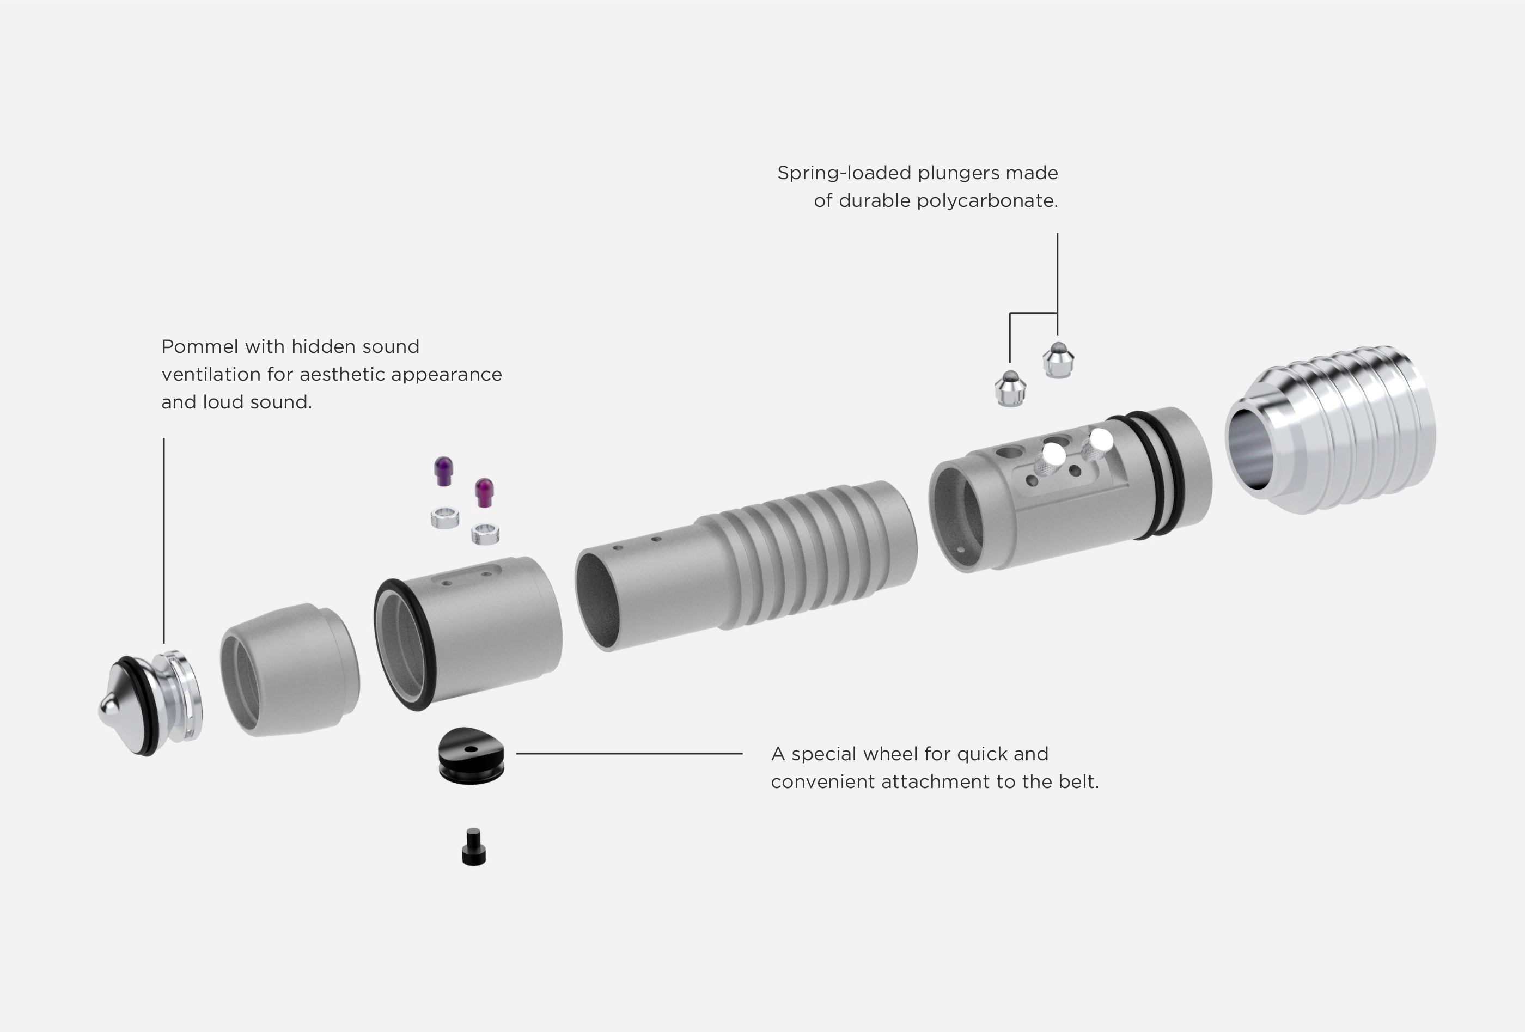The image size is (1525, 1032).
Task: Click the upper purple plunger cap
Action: click(443, 471)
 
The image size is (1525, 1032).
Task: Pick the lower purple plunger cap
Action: click(484, 492)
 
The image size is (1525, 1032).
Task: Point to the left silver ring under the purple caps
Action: click(445, 518)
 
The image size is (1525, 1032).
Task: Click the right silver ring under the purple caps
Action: click(486, 533)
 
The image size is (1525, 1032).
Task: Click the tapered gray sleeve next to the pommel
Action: click(289, 669)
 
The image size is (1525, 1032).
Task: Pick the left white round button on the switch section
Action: click(1054, 453)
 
